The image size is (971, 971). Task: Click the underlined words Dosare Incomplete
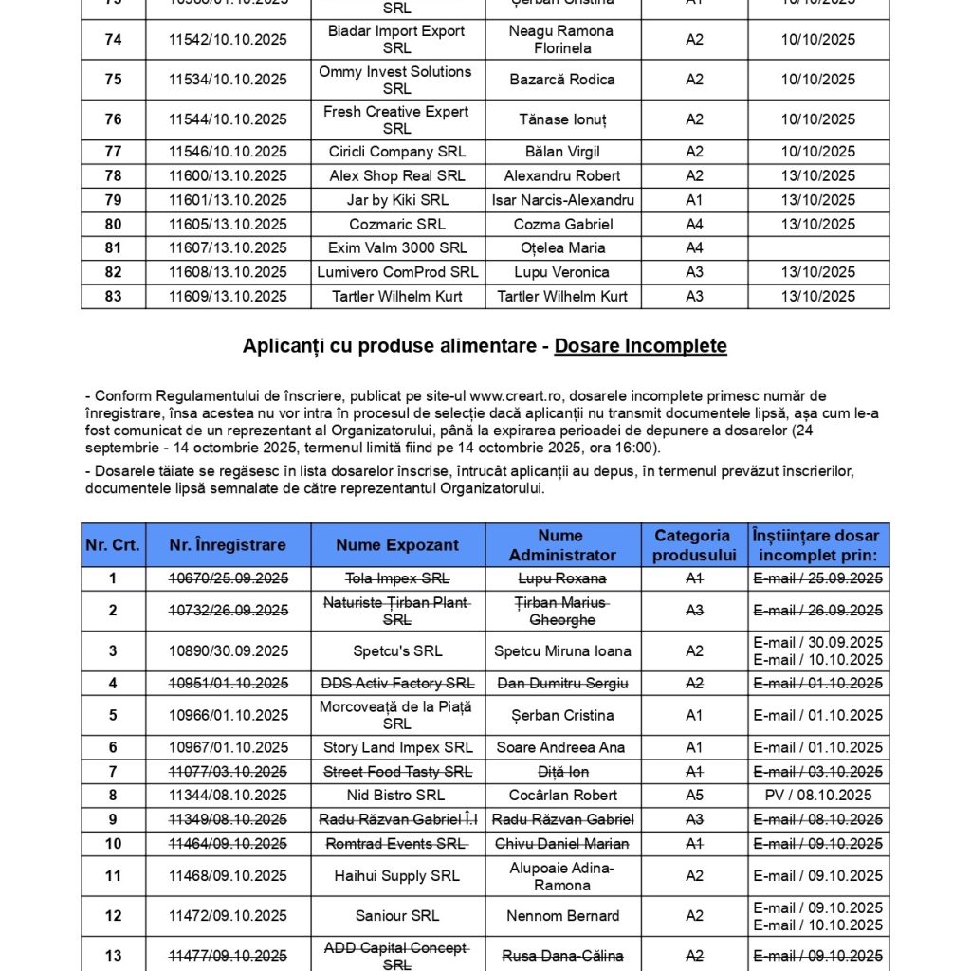pos(640,346)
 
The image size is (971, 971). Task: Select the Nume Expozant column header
pos(397,545)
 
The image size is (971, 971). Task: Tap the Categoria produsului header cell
pos(694,545)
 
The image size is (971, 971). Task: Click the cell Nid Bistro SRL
pos(397,796)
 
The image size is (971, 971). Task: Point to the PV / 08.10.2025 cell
pos(817,796)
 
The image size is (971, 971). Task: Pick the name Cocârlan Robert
pos(562,796)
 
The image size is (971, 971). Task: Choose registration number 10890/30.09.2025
pos(228,651)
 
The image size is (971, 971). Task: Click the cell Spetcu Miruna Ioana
pos(562,651)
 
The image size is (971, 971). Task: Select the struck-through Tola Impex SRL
pos(397,578)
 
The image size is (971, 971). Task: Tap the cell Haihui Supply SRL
pos(397,876)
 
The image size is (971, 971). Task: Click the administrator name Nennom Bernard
pos(562,916)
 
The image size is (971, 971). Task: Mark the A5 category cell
pos(694,796)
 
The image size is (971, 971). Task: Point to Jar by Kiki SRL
pos(397,200)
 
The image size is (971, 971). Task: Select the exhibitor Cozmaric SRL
pos(397,225)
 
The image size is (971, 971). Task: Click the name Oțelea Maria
pos(562,248)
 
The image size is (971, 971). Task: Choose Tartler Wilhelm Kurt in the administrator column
pos(562,297)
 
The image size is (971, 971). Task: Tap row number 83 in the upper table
pos(113,297)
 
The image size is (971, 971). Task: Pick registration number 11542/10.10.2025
pos(228,40)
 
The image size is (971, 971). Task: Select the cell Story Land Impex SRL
pos(397,748)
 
